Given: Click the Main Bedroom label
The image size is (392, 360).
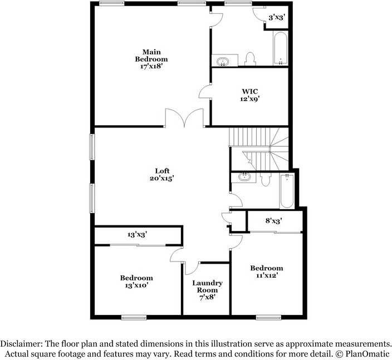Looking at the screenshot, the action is pyautogui.click(x=151, y=56).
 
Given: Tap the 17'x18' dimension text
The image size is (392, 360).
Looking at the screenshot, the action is pyautogui.click(x=152, y=66).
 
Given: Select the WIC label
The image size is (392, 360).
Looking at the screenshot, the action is pyautogui.click(x=250, y=91).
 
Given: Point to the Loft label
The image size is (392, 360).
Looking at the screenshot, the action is pyautogui.click(x=162, y=171).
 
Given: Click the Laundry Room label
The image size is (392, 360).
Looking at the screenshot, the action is pyautogui.click(x=207, y=287).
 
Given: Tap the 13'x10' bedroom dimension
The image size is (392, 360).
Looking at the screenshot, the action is pyautogui.click(x=137, y=285).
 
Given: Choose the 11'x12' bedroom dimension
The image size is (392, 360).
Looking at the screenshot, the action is pyautogui.click(x=267, y=275).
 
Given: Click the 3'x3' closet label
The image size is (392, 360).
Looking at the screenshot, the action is pyautogui.click(x=277, y=17).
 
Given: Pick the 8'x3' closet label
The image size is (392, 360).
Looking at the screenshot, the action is pyautogui.click(x=274, y=221).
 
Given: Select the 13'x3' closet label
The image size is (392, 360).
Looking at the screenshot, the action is pyautogui.click(x=137, y=235).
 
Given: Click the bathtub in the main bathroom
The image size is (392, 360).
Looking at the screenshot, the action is pyautogui.click(x=281, y=48).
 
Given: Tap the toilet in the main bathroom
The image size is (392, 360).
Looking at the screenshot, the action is pyautogui.click(x=250, y=59).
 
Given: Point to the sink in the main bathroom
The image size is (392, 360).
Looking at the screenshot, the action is pyautogui.click(x=223, y=61).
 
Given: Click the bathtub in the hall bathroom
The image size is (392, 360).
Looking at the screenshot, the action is pyautogui.click(x=287, y=191).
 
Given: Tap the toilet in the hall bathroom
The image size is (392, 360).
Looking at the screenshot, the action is pyautogui.click(x=266, y=180).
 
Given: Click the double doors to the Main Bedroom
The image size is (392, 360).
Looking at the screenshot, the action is pyautogui.click(x=184, y=118).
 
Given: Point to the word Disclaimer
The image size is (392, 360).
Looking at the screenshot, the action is pyautogui.click(x=21, y=344).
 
